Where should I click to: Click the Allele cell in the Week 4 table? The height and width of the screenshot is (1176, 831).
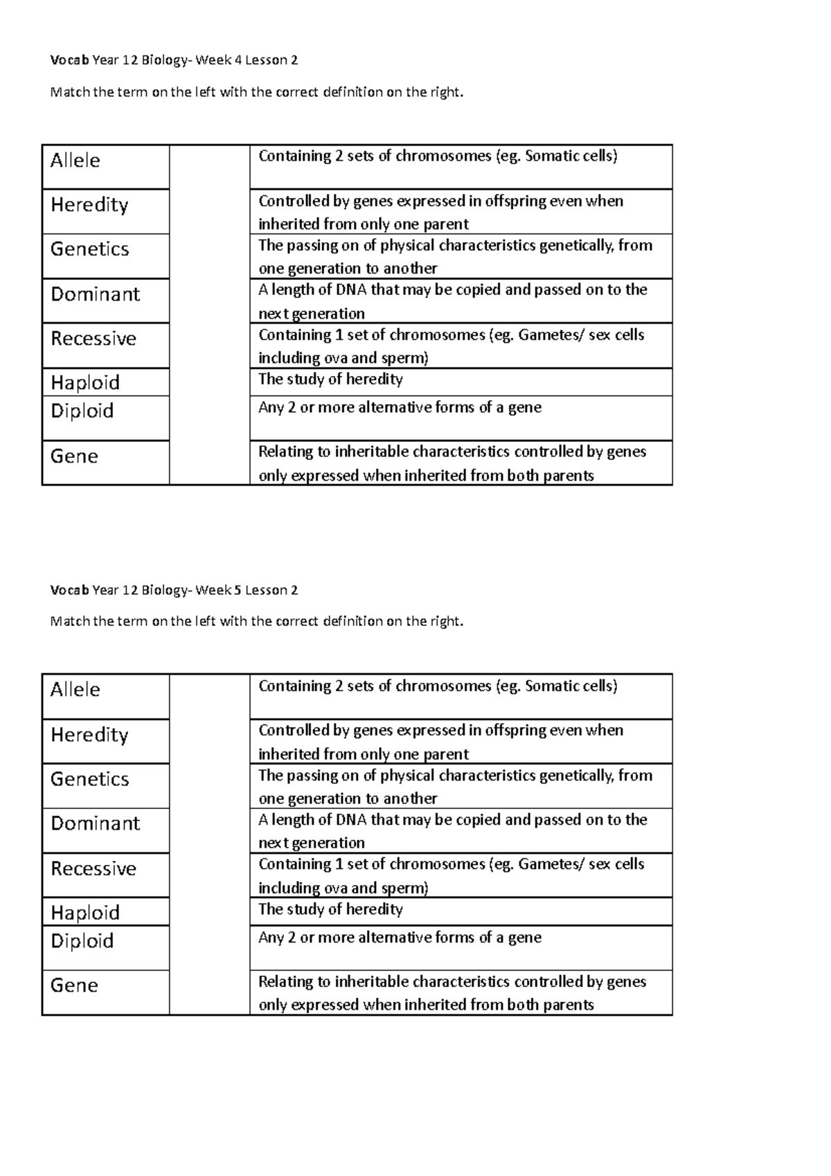(75, 161)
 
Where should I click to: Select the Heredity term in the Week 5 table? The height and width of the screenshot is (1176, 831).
(89, 735)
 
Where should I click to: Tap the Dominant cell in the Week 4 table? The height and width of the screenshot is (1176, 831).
(96, 294)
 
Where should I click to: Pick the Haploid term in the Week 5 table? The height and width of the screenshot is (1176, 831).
(85, 913)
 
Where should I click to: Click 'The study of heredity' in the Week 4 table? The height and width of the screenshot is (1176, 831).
(330, 380)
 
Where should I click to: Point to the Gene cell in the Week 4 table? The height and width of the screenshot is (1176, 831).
(74, 456)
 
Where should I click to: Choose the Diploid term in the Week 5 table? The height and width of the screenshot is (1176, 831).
(82, 941)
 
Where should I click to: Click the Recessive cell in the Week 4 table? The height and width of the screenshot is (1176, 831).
(93, 339)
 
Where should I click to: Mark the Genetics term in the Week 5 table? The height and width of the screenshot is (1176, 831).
(90, 779)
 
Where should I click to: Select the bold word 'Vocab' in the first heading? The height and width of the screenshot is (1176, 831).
(69, 60)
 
